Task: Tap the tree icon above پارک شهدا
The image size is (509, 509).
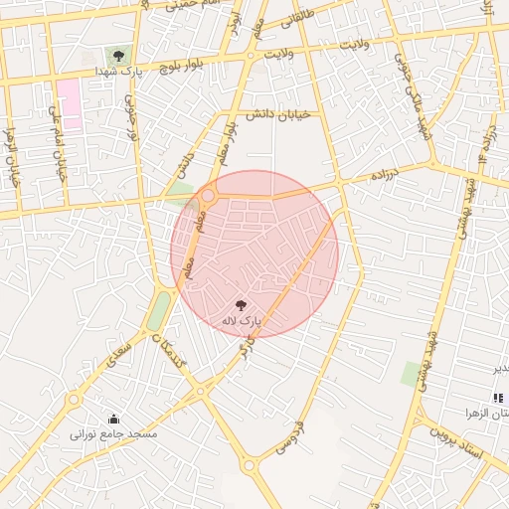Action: pos(118,56)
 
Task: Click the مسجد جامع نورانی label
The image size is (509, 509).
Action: pos(113,434)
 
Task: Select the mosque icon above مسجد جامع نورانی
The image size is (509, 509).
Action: pos(113,419)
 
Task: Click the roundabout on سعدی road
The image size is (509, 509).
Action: pos(74,400)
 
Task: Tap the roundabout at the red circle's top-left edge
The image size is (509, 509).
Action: pos(209,195)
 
